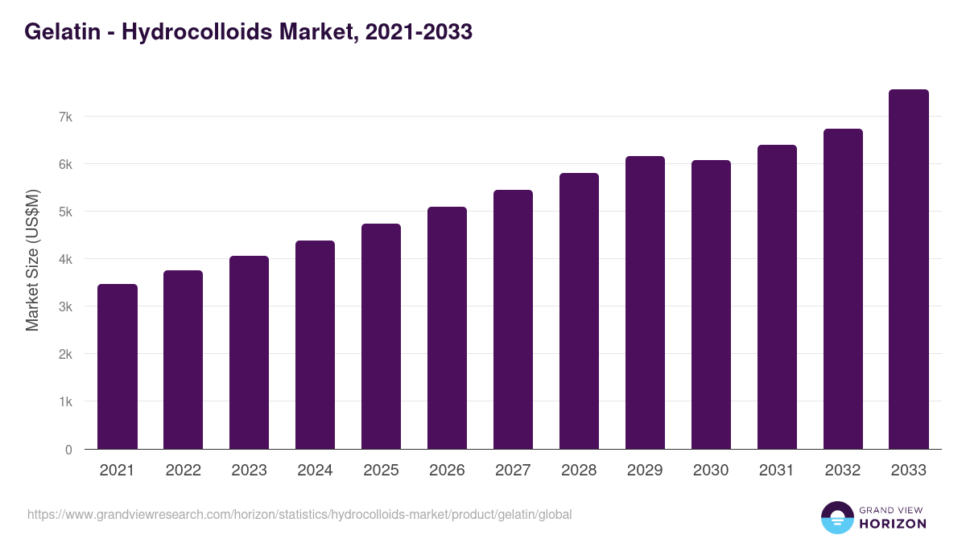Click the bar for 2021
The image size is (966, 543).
[118, 367]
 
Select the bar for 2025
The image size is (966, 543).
[381, 336]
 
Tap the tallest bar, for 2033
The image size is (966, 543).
[909, 269]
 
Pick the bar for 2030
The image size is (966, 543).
[711, 305]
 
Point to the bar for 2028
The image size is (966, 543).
[579, 311]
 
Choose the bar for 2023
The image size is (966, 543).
[249, 352]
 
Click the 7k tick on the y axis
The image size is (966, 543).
[65, 117]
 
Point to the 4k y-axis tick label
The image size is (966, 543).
[65, 259]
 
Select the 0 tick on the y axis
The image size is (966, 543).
[68, 450]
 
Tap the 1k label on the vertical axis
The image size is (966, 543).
[65, 401]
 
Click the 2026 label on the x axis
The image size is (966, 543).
[447, 471]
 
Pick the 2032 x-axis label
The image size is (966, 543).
[843, 471]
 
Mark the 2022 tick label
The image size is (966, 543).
[183, 471]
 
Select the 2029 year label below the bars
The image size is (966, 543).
[645, 471]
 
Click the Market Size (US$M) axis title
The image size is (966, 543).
[32, 259]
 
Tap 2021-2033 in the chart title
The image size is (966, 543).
[418, 32]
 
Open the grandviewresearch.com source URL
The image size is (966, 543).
[299, 514]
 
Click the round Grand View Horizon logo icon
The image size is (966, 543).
[836, 517]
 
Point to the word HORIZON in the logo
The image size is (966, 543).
[893, 524]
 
